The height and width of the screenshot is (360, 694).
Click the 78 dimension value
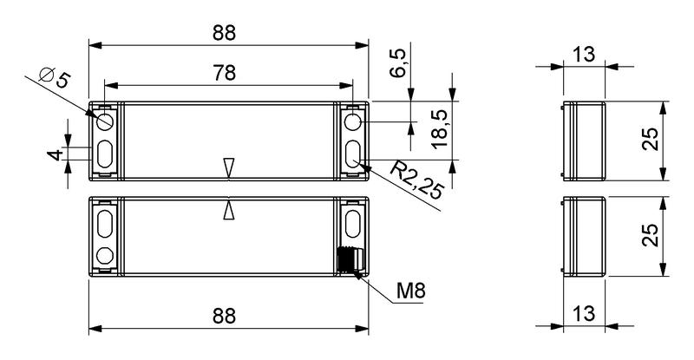pyautogui.click(x=225, y=73)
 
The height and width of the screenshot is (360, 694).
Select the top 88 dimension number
pyautogui.click(x=225, y=33)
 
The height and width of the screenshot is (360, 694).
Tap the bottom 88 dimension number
pyautogui.click(x=225, y=317)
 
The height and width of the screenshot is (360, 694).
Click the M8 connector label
pyautogui.click(x=410, y=291)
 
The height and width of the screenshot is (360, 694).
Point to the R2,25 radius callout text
pyautogui.click(x=417, y=180)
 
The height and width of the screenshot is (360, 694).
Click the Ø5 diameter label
pyautogui.click(x=55, y=78)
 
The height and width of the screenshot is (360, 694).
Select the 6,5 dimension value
pyautogui.click(x=398, y=64)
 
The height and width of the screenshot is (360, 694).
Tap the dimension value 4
pyautogui.click(x=56, y=155)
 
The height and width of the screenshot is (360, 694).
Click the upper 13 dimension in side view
pyautogui.click(x=584, y=56)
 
